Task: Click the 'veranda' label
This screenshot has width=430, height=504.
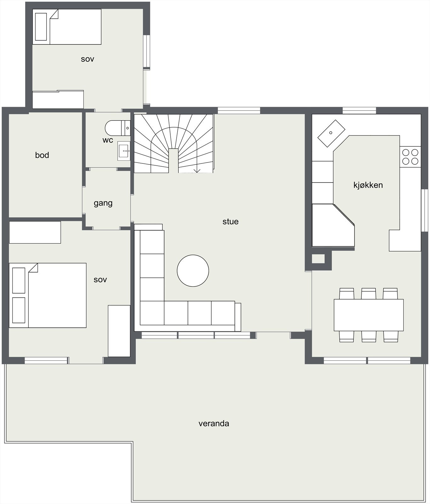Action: [214, 423]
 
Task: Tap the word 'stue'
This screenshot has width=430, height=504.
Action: [230, 221]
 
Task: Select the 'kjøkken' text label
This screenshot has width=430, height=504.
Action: [368, 185]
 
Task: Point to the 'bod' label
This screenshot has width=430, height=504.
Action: [42, 155]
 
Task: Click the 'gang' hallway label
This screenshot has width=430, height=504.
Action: [103, 203]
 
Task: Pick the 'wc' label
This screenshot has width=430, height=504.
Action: [108, 140]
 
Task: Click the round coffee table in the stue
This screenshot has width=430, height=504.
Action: [193, 271]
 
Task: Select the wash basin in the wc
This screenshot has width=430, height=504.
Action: [124, 151]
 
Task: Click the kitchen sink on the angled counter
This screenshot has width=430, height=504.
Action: [331, 133]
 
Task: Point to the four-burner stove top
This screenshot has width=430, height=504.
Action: [410, 157]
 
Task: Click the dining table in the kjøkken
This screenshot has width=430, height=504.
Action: [369, 315]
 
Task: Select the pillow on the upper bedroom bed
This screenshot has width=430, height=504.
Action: [41, 27]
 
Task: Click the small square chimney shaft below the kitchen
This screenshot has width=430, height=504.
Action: [318, 259]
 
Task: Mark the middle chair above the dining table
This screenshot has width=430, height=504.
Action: [368, 294]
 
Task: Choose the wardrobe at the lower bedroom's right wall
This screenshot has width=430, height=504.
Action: [119, 331]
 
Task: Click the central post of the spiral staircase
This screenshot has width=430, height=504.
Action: [173, 161]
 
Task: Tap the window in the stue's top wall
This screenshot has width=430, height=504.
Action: [239, 111]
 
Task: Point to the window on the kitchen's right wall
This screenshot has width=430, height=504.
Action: [424, 210]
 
